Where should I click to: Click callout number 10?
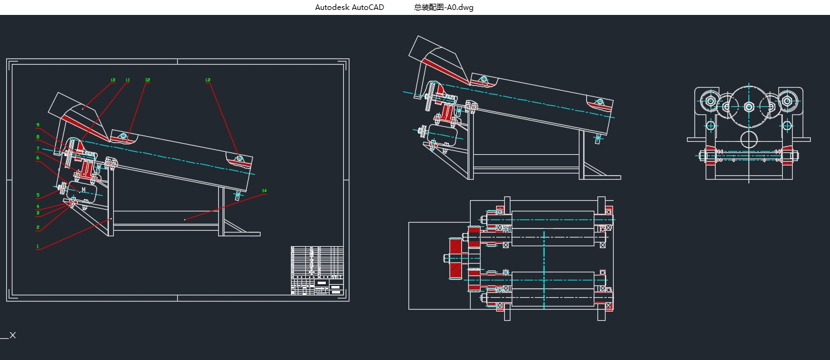pos(113,80)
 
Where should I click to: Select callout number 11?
pos(127,80)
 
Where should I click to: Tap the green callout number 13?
pos(208,80)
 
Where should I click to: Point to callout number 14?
pos(264,191)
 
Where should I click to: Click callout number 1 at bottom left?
pos(37,246)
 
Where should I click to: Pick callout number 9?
pos(37,125)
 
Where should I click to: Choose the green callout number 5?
pos(37,195)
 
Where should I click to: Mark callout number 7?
pos(37,149)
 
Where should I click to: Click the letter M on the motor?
pos(83,190)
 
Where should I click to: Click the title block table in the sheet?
pos(316,270)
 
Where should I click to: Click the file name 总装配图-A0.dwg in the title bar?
pos(443,7)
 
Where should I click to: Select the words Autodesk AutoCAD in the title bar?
pos(349,7)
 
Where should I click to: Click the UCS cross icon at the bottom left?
pos(12,335)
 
